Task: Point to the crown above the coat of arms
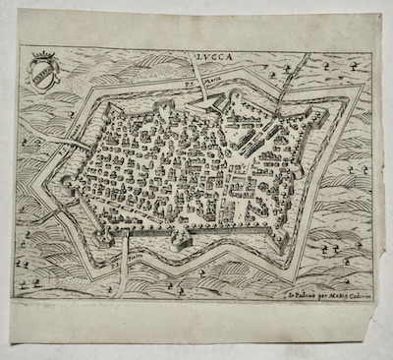[x=44, y=58]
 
